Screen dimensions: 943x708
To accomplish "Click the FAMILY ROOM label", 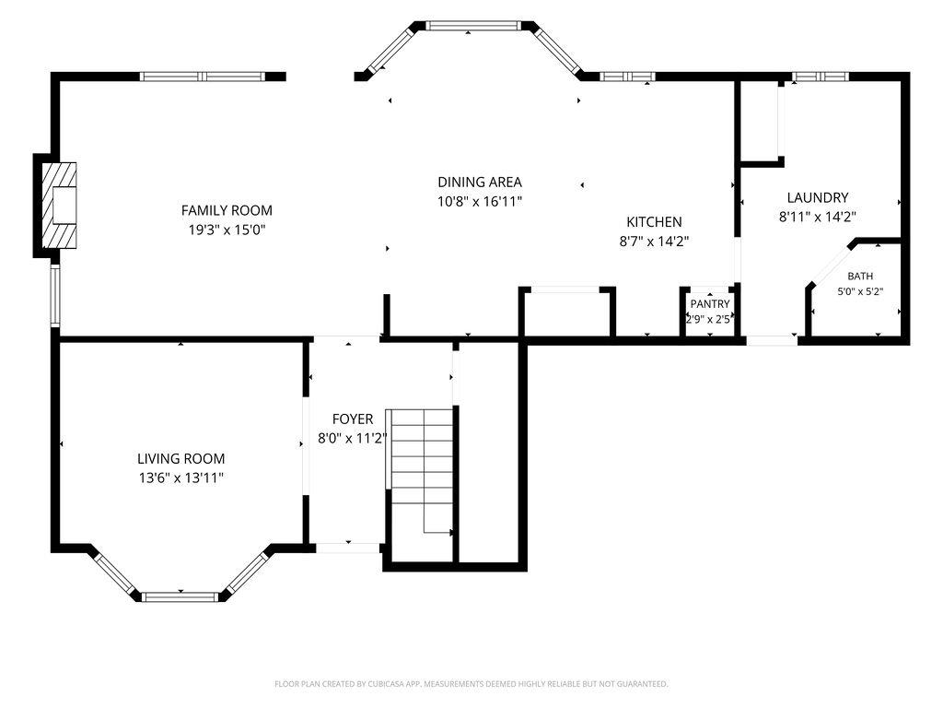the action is coord(227,210).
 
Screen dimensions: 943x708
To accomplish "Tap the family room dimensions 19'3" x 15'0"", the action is coord(227,230).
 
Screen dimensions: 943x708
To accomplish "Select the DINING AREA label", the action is coord(479,182).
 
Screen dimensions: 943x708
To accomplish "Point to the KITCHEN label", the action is coord(654,221).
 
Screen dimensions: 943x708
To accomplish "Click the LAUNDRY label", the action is coord(818,197).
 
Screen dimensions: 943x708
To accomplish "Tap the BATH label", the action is coord(860,276).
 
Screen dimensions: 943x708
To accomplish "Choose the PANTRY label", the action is coord(710,304).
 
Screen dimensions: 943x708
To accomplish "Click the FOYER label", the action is coord(353,419).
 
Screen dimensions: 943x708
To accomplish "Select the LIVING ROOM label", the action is coord(180,458).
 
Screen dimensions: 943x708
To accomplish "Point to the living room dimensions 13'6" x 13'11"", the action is coord(180,478).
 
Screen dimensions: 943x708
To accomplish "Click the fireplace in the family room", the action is coord(59,206).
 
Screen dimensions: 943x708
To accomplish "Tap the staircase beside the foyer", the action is coord(420,471).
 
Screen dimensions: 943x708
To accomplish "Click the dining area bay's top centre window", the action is coord(472,25).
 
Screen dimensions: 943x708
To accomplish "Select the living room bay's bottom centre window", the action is coord(180,596).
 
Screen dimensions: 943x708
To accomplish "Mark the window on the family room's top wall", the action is coord(202,77).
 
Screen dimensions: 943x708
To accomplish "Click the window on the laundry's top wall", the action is coord(820,77).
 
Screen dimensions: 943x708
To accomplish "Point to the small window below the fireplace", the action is coord(55,296).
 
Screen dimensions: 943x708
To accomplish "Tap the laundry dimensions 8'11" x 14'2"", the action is coord(818,217).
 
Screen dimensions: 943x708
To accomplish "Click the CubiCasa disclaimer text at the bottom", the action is coord(471,684).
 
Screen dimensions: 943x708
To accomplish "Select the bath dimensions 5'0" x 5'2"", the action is coord(860,292).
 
